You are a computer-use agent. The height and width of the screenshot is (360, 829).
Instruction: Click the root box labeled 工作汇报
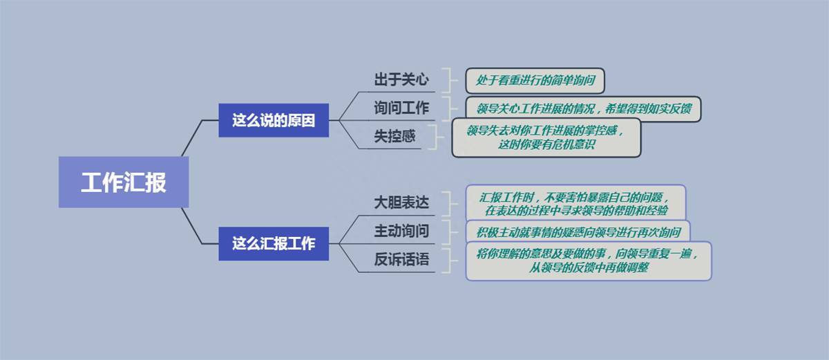pyautogui.click(x=124, y=182)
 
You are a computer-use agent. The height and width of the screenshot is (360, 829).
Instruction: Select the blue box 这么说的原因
pyautogui.click(x=274, y=120)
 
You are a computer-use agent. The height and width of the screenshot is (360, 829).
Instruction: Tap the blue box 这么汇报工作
pyautogui.click(x=274, y=244)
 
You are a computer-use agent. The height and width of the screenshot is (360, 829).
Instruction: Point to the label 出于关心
pyautogui.click(x=401, y=79)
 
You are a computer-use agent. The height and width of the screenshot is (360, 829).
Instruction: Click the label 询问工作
pyautogui.click(x=401, y=108)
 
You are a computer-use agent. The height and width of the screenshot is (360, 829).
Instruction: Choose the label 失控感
pyautogui.click(x=394, y=136)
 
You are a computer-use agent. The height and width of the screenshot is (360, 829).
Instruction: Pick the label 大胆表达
pyautogui.click(x=401, y=202)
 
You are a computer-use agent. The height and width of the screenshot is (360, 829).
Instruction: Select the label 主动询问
pyautogui.click(x=401, y=231)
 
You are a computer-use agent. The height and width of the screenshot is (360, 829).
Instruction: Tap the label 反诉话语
pyautogui.click(x=401, y=259)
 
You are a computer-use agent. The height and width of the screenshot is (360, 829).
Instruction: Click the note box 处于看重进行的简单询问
pyautogui.click(x=535, y=80)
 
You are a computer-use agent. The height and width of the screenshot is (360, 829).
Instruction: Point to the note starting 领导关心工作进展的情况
pyautogui.click(x=583, y=108)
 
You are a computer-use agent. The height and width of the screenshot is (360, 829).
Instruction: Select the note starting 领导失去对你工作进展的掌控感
pyautogui.click(x=546, y=138)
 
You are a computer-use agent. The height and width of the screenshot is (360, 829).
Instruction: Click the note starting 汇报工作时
pyautogui.click(x=575, y=204)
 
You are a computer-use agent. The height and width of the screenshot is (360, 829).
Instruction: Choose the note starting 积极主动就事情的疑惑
pyautogui.click(x=578, y=232)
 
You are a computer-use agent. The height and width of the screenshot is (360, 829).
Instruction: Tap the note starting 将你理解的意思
pyautogui.click(x=589, y=260)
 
